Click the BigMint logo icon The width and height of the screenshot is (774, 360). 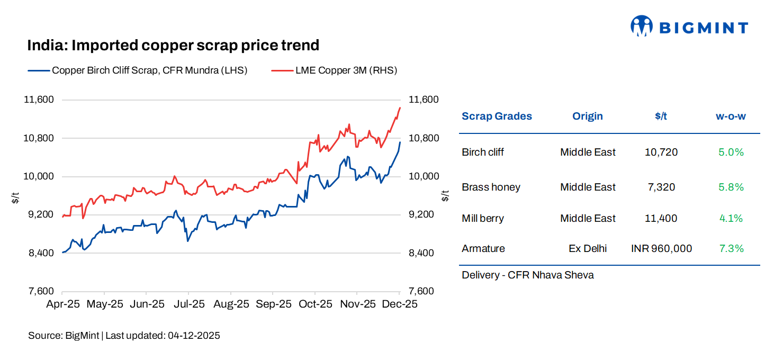point(641,25)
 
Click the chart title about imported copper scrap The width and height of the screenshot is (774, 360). point(173,46)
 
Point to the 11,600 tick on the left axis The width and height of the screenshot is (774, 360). point(40,100)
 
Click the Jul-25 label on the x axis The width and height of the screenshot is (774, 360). point(188,304)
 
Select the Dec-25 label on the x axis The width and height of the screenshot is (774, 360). point(400,304)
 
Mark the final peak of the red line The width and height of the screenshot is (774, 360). point(400,107)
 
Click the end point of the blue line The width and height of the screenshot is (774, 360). point(400,142)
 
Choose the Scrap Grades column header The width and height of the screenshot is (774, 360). point(497,116)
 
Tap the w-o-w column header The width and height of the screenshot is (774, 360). point(731,116)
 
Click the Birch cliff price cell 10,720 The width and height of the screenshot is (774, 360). point(661,152)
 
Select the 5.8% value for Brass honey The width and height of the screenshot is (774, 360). point(731,187)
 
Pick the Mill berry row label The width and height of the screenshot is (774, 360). point(482,218)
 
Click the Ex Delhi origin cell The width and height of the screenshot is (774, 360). point(588,248)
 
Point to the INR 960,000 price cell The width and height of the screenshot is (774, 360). point(661,248)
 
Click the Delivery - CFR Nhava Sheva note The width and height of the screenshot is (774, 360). point(527,275)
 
